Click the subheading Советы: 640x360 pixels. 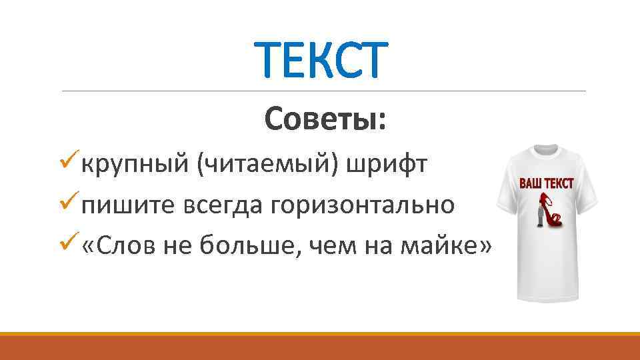pyautogui.click(x=325, y=119)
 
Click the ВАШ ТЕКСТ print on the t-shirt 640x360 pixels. pyautogui.click(x=546, y=183)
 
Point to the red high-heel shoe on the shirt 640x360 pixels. pyautogui.click(x=551, y=212)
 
